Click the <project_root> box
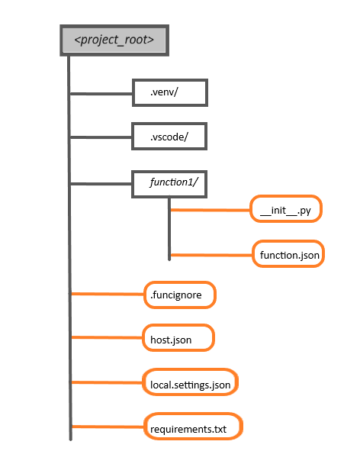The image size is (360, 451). pyautogui.click(x=114, y=40)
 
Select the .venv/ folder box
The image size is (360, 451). pyautogui.click(x=170, y=92)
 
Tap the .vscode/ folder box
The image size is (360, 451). pyautogui.click(x=169, y=137)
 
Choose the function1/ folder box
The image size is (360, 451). pyautogui.click(x=169, y=184)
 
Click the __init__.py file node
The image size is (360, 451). pyautogui.click(x=286, y=209)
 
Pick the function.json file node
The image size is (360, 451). pyautogui.click(x=288, y=253)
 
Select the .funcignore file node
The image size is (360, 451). pyautogui.click(x=180, y=295)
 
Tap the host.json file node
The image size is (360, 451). pyautogui.click(x=178, y=337)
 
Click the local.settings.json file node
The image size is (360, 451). pyautogui.click(x=191, y=382)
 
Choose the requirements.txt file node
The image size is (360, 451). pyautogui.click(x=193, y=427)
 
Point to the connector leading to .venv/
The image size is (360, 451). pyautogui.click(x=101, y=93)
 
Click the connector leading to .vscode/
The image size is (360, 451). pyautogui.click(x=101, y=137)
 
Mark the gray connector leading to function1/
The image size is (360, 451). pyautogui.click(x=101, y=183)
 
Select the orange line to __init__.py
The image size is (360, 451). pyautogui.click(x=211, y=210)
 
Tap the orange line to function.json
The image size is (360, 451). pyautogui.click(x=211, y=255)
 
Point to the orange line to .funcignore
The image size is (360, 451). pyautogui.click(x=108, y=294)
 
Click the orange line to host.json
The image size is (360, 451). pyautogui.click(x=107, y=337)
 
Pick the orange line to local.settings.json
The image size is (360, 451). pyautogui.click(x=107, y=382)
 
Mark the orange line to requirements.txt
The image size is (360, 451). pyautogui.click(x=108, y=427)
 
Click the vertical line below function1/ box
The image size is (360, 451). pyautogui.click(x=169, y=229)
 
